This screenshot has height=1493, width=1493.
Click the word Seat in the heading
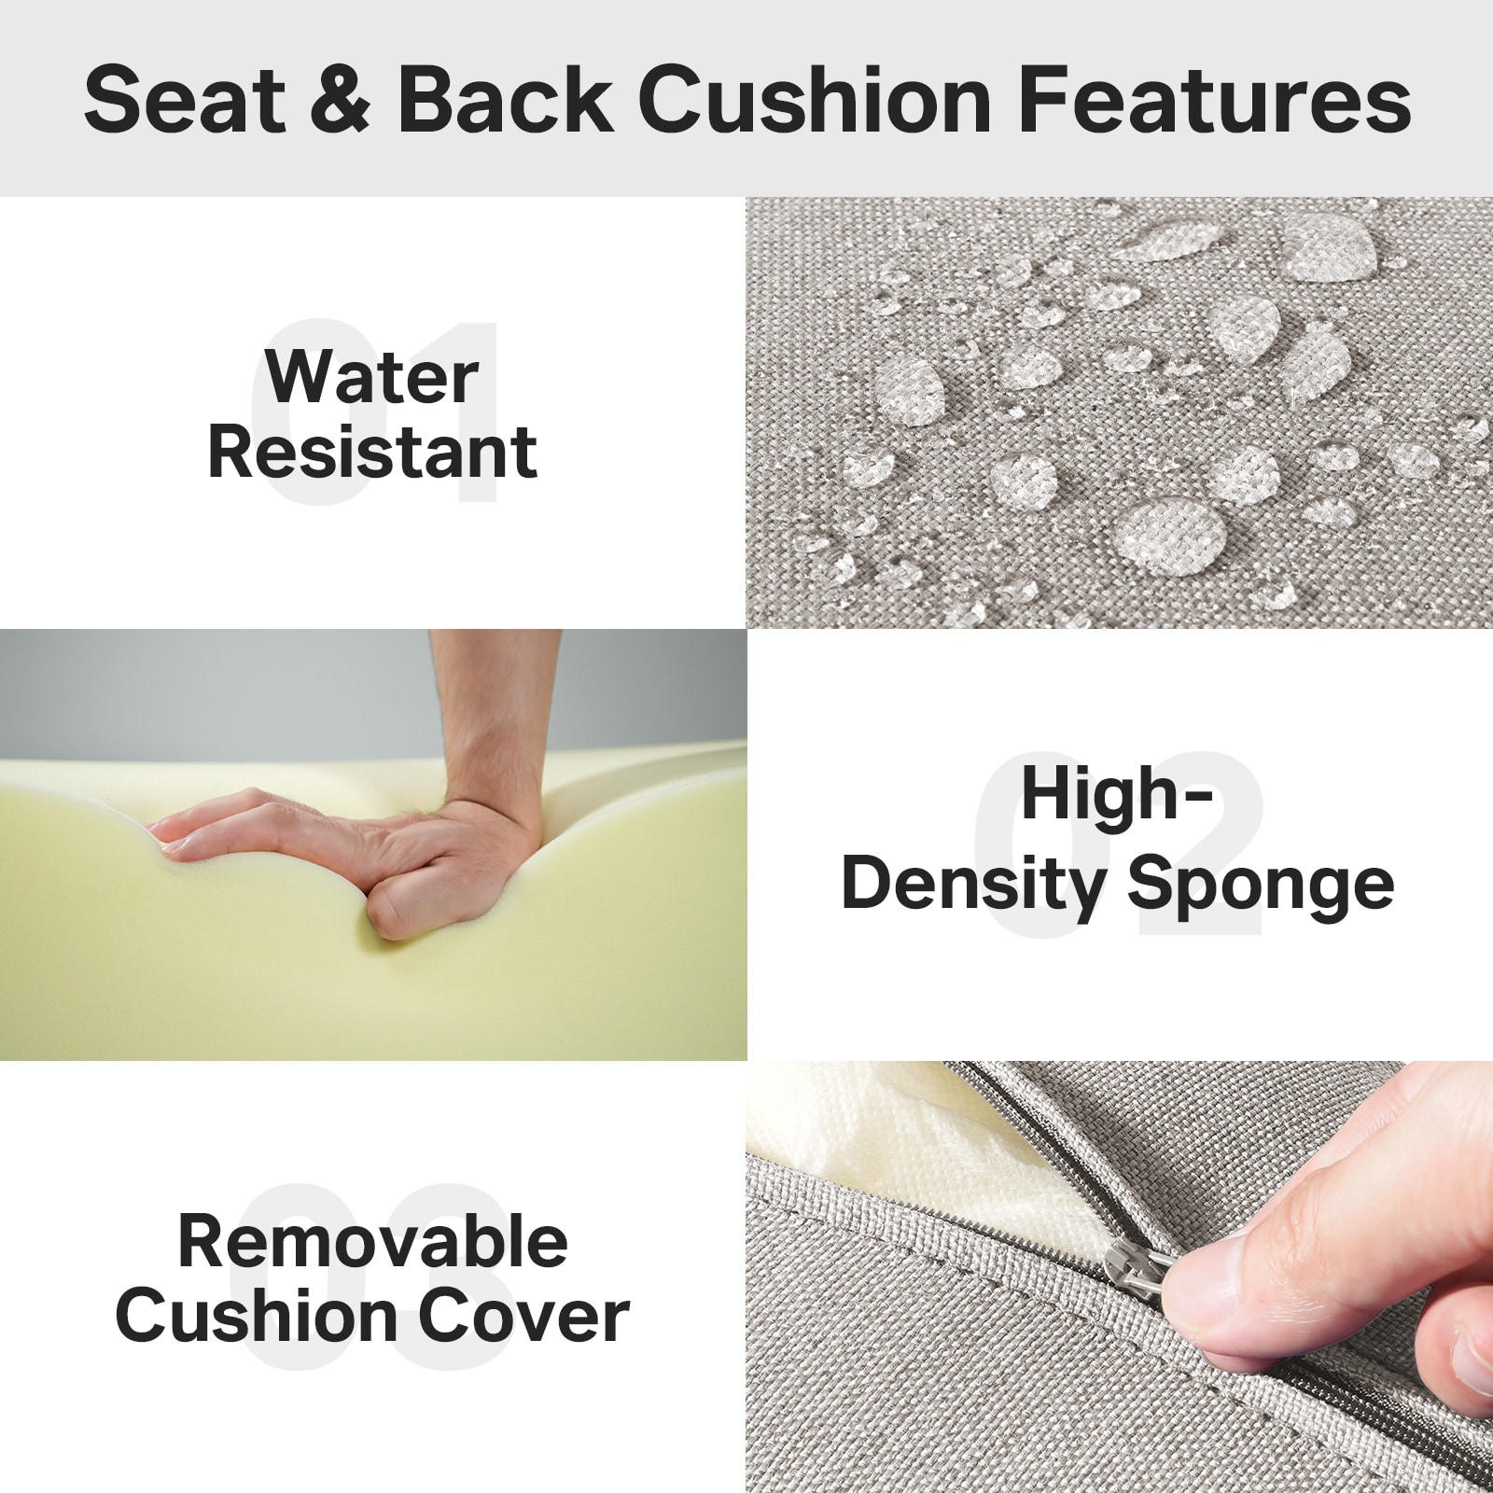[x=185, y=101]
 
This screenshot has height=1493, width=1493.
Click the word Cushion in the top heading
[x=815, y=101]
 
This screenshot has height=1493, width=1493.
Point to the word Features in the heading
[x=1214, y=101]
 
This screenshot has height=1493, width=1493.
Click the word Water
[x=371, y=378]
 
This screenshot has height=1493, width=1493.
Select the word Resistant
[x=371, y=453]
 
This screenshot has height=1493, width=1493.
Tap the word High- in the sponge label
[x=1117, y=795]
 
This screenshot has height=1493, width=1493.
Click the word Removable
[x=371, y=1242]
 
